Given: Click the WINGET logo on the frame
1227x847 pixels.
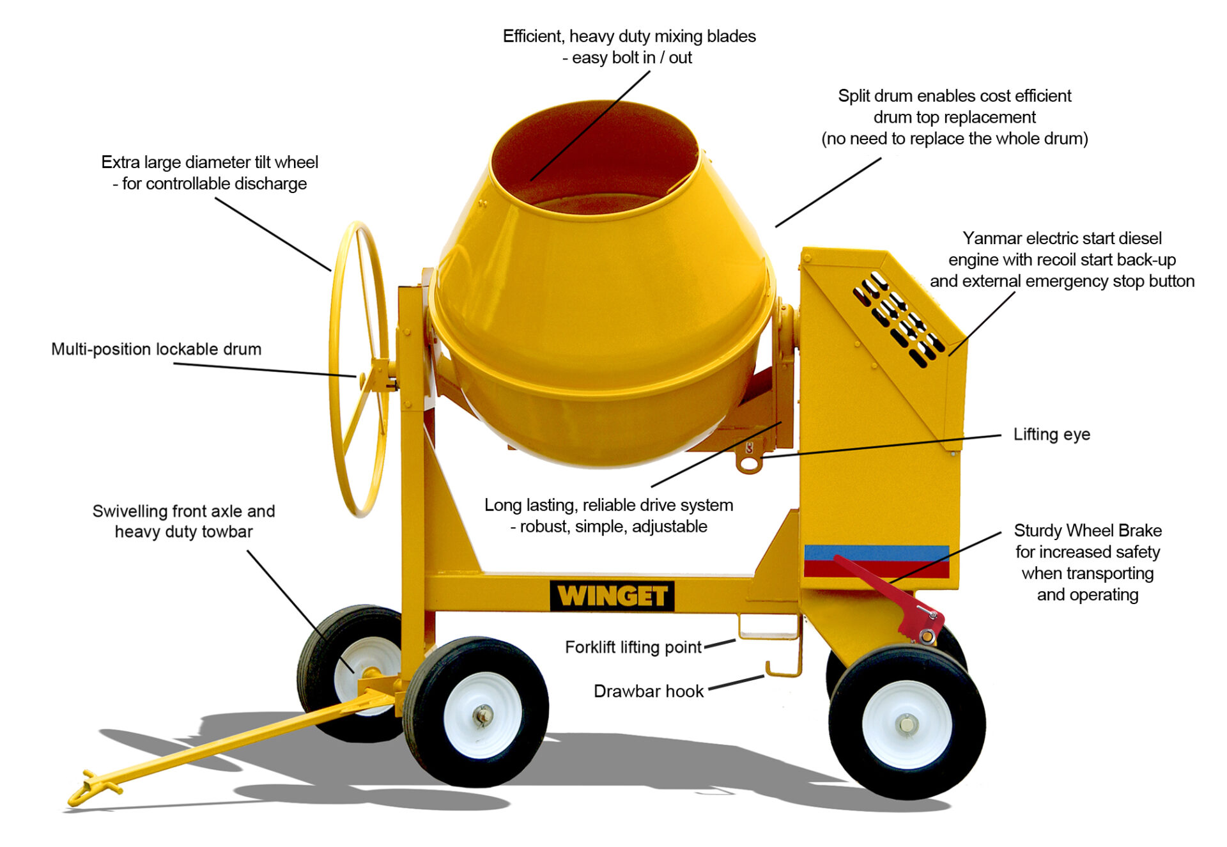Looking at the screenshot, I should pyautogui.click(x=612, y=596).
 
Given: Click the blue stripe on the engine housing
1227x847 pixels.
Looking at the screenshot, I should pyautogui.click(x=876, y=553).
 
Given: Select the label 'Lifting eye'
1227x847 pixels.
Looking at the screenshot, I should pyautogui.click(x=1051, y=435).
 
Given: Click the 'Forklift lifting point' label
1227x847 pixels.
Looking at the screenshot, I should pyautogui.click(x=633, y=648).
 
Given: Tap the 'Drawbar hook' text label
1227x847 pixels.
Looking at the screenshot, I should pyautogui.click(x=648, y=692).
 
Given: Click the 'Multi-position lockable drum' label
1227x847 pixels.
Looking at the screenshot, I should pyautogui.click(x=157, y=349).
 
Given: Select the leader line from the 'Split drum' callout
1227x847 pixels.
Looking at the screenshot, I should pyautogui.click(x=828, y=192).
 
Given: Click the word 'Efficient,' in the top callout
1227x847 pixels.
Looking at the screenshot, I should pyautogui.click(x=533, y=36).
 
